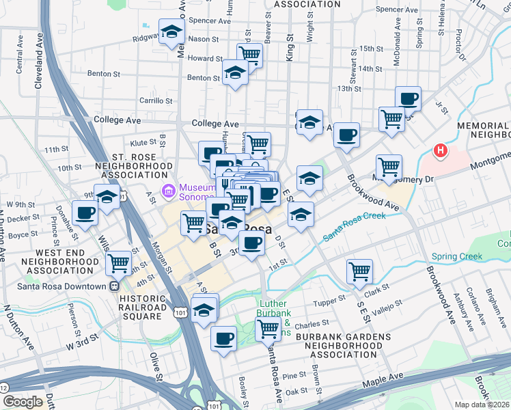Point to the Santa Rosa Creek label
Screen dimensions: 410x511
point(354,226)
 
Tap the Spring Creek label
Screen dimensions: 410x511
point(456,257)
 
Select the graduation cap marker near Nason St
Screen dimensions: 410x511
point(171,31)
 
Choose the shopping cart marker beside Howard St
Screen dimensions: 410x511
point(249,55)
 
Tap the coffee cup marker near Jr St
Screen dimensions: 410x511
point(408,98)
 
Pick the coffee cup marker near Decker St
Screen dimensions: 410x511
point(85,211)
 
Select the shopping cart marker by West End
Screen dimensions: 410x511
point(119,261)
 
